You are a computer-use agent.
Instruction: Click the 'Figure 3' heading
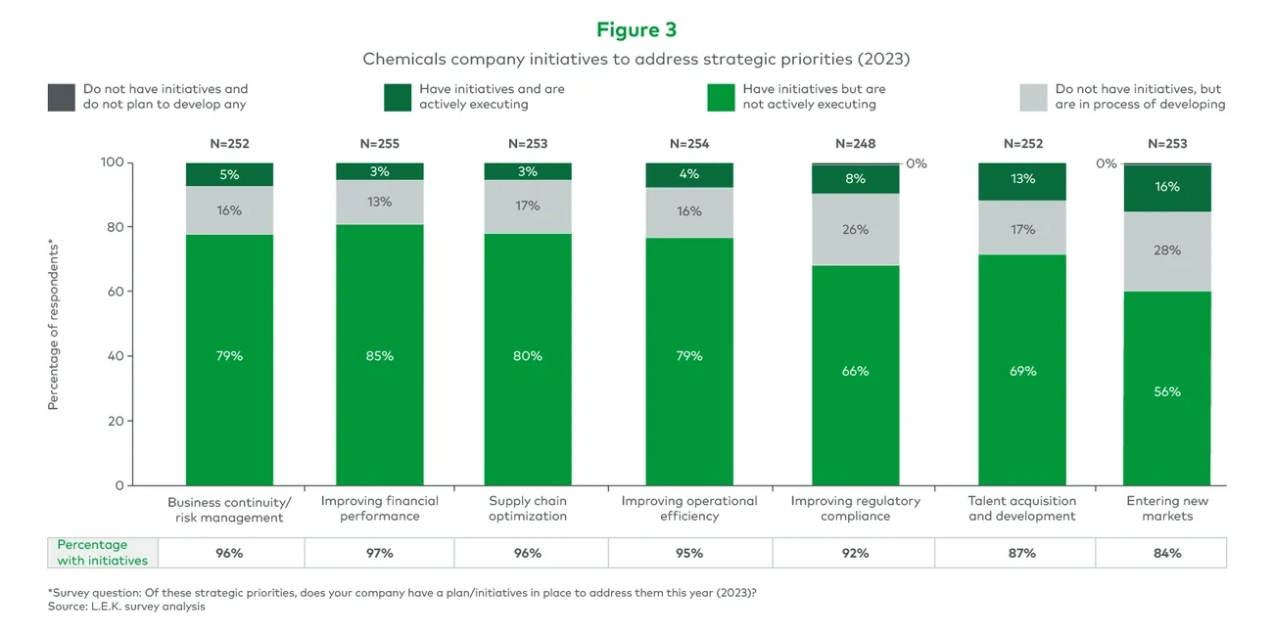pos(636,29)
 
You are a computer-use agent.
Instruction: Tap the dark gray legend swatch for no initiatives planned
pos(61,97)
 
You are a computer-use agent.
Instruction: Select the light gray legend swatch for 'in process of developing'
pos(1034,97)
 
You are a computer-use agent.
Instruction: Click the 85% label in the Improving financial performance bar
pos(380,356)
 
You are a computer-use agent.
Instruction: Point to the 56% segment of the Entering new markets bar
pos(1166,391)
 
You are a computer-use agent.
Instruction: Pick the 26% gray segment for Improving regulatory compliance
pos(855,230)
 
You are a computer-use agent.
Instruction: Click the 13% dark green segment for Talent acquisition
pos(1022,178)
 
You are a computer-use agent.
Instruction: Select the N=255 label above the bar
pos(380,144)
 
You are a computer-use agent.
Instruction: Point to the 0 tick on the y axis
pos(119,485)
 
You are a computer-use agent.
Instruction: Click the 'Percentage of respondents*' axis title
pos(54,324)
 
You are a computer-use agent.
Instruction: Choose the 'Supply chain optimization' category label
pos(528,508)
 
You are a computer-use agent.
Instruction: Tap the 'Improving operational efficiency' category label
pos(689,508)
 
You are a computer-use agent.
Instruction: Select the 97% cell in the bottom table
pos(380,553)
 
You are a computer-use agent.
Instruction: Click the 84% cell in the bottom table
pos(1166,553)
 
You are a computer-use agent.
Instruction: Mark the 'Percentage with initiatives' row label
pos(102,552)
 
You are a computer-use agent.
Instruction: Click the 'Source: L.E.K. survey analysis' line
pos(126,607)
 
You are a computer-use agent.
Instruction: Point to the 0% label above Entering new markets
pos(1107,163)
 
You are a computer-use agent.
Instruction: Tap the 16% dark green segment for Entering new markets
pos(1166,187)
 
